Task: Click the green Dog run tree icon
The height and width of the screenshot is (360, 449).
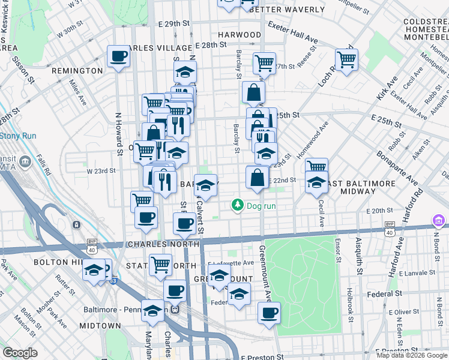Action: [x=238, y=206]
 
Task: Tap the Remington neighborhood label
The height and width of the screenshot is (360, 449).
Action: [x=77, y=71]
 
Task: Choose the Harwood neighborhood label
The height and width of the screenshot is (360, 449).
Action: [x=240, y=35]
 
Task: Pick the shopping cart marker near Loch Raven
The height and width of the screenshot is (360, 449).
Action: [x=346, y=59]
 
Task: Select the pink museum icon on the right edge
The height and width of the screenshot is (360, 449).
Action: [x=439, y=222]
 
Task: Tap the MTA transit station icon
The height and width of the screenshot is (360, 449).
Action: [x=26, y=162]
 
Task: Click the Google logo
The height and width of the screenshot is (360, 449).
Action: [x=20, y=353]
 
